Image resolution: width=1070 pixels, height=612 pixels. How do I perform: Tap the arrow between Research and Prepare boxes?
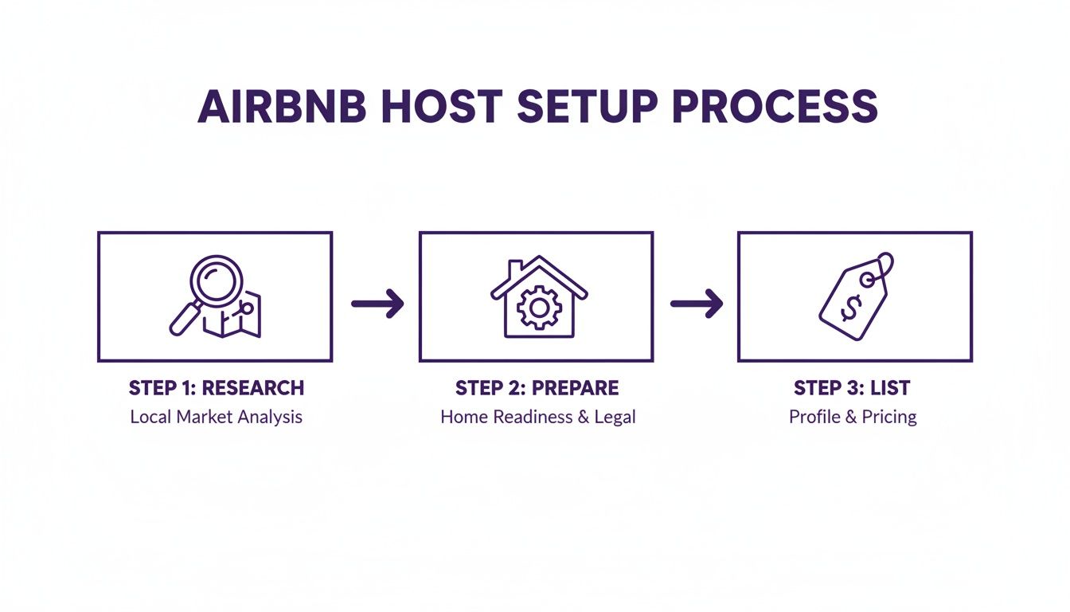pos(377,303)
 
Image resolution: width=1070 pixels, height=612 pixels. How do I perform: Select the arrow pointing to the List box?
pos(697,303)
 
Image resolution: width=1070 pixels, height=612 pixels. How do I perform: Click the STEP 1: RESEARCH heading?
pos(216,388)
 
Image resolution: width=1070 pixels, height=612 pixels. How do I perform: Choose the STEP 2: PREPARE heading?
pos(537,388)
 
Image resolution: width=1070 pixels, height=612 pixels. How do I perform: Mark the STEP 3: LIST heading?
pos(852,388)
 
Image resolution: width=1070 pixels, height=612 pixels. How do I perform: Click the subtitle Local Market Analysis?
pos(216,417)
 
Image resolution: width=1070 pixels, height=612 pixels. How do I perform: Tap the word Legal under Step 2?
pos(615,417)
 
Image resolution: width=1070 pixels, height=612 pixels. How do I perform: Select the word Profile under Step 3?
pos(813,417)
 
